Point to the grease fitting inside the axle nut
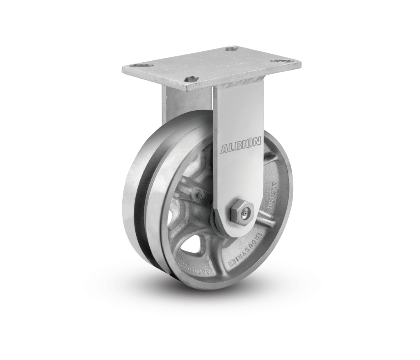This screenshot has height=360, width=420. click(245, 213)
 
